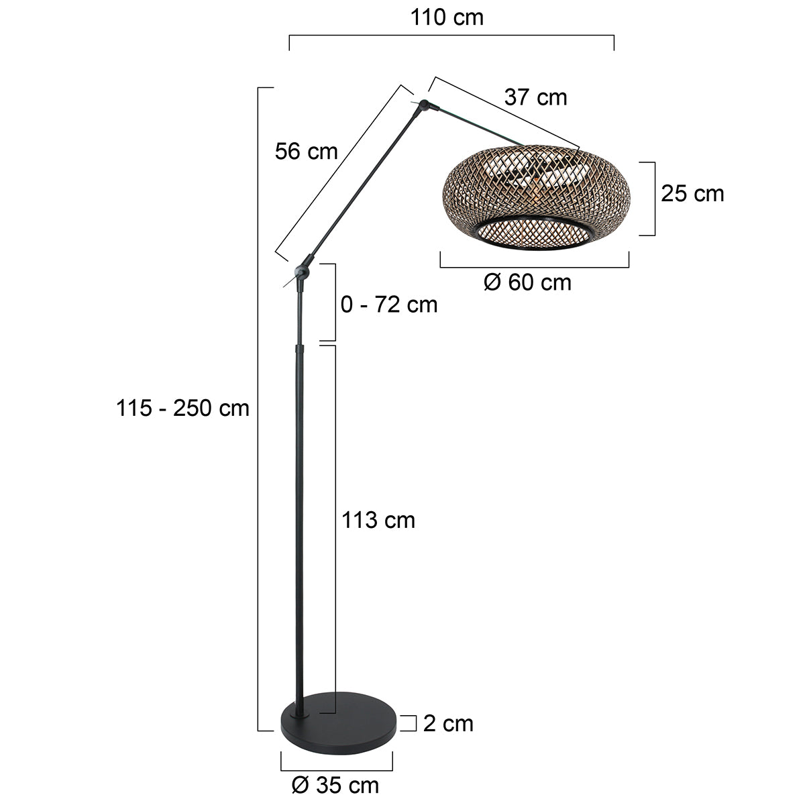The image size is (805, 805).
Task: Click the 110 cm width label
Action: [447, 17]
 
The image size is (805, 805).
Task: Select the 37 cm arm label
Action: [535, 98]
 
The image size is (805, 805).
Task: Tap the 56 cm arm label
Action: [306, 152]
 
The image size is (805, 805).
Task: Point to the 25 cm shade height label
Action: [692, 194]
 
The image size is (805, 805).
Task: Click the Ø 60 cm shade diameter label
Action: [527, 282]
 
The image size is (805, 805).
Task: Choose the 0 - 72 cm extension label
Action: [389, 305]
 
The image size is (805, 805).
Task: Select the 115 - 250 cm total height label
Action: [182, 408]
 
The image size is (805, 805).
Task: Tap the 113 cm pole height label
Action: [378, 520]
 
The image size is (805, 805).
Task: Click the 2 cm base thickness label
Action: [448, 723]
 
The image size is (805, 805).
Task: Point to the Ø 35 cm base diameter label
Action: [335, 784]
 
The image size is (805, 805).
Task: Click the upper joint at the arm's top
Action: [425, 105]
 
